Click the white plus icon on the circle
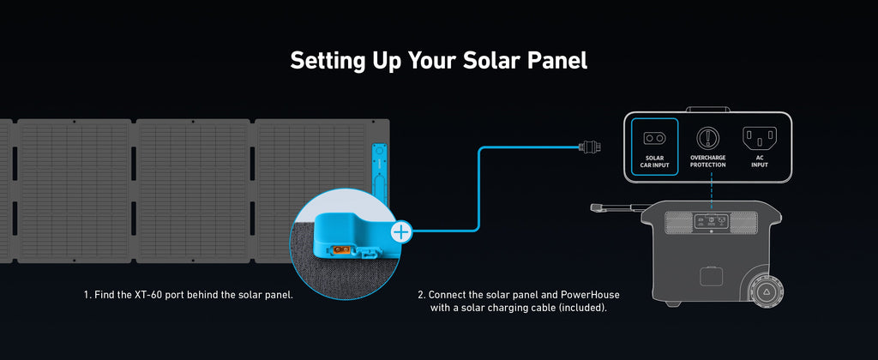pyautogui.click(x=400, y=231)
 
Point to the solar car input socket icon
pyautogui.click(x=654, y=138)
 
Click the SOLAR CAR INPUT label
pyautogui.click(x=654, y=161)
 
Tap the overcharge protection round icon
pyautogui.click(x=707, y=137)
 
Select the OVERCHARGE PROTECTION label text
pyautogui.click(x=707, y=161)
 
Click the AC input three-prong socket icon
pyautogui.click(x=760, y=137)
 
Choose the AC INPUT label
pyautogui.click(x=760, y=161)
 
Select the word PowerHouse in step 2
pyautogui.click(x=591, y=295)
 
